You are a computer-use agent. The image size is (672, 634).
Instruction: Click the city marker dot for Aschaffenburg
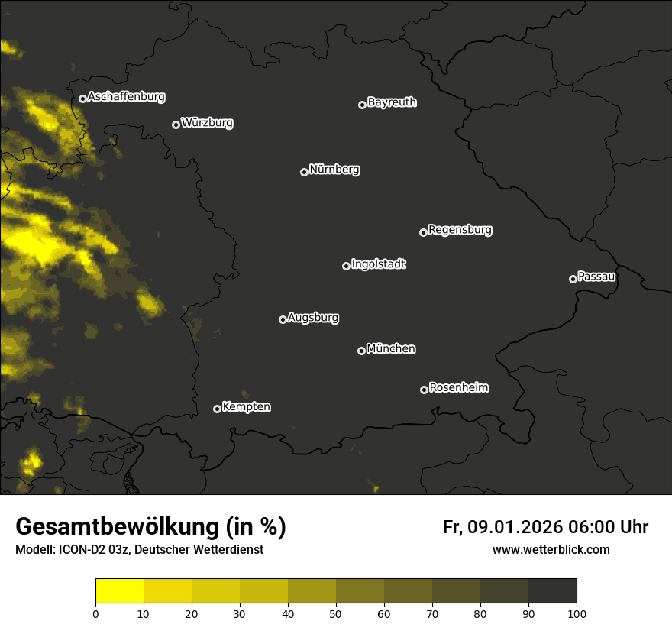pos(82,99)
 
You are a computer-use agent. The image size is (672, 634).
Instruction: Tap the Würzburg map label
pos(207,123)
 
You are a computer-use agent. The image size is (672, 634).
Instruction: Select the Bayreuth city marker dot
pos(362,105)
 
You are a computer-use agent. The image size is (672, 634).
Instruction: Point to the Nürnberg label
pos(334,170)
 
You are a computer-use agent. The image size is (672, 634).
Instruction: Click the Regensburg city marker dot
pos(423,232)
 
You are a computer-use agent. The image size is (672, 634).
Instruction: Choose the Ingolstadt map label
pos(379,264)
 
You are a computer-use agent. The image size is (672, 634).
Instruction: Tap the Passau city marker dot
pos(573,279)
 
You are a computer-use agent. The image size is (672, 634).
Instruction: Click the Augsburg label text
pos(313,318)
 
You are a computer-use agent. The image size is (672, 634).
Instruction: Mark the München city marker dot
pos(361,351)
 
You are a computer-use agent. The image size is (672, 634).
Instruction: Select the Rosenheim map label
pos(458,388)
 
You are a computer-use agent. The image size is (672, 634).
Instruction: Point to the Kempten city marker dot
pos(217,409)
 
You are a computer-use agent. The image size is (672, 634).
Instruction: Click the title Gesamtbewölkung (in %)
pos(150,527)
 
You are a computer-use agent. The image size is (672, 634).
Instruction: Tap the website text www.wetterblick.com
pos(551,550)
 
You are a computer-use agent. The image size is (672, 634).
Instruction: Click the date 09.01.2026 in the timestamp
pos(515,527)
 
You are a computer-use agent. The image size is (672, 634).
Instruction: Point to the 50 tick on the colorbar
pos(336,613)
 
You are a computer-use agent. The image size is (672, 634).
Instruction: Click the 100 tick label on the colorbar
pos(577,613)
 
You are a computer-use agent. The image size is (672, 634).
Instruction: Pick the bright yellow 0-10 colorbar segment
pos(120,591)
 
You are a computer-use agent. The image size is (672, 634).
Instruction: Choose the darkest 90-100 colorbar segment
pos(552,591)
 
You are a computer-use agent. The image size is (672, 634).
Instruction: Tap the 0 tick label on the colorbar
pos(95,613)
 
